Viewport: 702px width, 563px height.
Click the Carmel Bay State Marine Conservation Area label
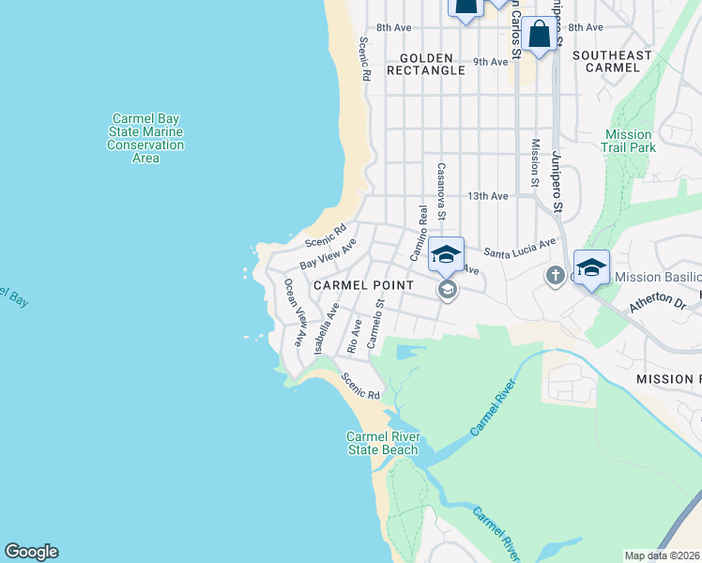145,139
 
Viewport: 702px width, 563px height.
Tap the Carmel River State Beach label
382,444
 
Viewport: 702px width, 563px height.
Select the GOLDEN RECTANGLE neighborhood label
425,64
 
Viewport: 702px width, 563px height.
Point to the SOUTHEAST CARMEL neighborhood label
612,61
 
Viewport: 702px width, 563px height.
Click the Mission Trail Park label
629,142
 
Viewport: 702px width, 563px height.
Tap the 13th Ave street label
488,196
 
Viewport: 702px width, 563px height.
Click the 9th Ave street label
490,62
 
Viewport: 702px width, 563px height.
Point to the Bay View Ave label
328,254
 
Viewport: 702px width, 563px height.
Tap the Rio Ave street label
354,335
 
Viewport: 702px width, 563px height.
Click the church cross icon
554,276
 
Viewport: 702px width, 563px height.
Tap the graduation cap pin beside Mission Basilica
592,266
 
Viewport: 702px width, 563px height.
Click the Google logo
31,552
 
